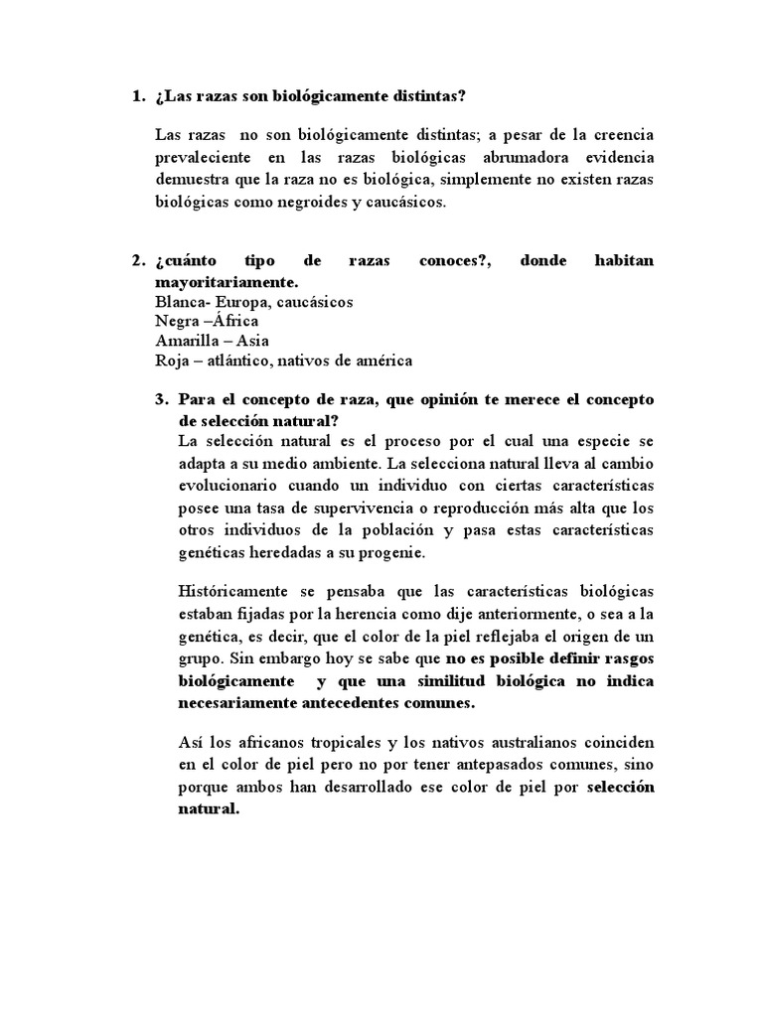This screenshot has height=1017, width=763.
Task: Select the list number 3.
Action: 160,399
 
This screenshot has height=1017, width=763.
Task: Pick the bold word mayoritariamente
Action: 227,282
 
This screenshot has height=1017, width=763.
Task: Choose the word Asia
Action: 252,341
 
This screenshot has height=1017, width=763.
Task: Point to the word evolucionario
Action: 229,485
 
